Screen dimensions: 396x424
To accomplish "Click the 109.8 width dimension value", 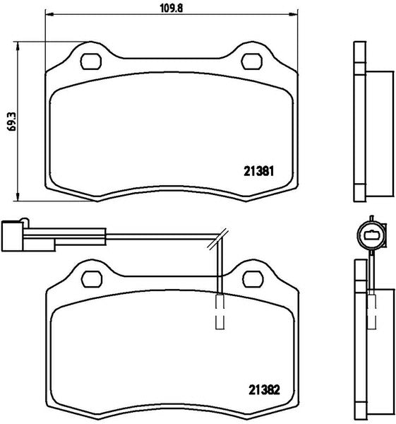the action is [172, 8].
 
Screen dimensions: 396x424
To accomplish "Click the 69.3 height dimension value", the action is [12, 122].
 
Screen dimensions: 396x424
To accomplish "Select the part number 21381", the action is [259, 171].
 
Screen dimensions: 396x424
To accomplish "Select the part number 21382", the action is [264, 389].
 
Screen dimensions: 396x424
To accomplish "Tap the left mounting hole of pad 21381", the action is [91, 61].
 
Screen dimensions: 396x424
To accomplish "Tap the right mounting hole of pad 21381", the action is [252, 61].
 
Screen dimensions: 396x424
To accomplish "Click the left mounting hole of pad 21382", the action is [92, 279].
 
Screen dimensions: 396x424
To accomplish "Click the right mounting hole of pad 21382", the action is [253, 279].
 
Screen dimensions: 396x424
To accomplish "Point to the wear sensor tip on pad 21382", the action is [220, 312].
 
